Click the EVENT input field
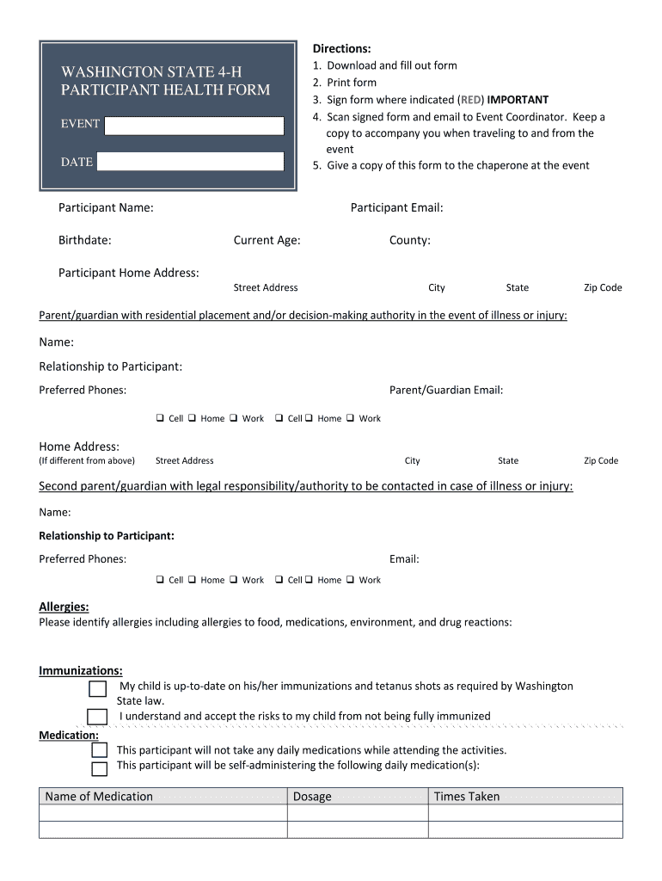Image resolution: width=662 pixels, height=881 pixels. [194, 126]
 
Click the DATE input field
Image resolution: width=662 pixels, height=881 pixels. [190, 161]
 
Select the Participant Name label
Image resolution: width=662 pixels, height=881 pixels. [106, 207]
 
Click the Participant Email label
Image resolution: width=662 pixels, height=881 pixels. [396, 207]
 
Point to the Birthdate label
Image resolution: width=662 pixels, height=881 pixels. [84, 240]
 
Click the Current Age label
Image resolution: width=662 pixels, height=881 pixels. [267, 240]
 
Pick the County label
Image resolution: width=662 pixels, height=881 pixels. [409, 240]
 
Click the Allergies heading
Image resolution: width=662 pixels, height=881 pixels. [64, 607]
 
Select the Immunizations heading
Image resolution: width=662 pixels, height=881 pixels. [81, 670]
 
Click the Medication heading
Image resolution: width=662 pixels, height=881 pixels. [69, 735]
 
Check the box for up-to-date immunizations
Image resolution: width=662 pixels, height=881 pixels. [98, 688]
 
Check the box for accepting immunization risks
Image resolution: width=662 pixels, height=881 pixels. [98, 717]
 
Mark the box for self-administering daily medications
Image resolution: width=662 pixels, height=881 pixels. [100, 768]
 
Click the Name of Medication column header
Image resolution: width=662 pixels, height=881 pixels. [99, 797]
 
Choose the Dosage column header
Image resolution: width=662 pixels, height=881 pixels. [312, 797]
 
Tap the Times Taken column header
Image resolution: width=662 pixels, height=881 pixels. [466, 797]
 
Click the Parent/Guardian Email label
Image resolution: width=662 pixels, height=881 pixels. [445, 390]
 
